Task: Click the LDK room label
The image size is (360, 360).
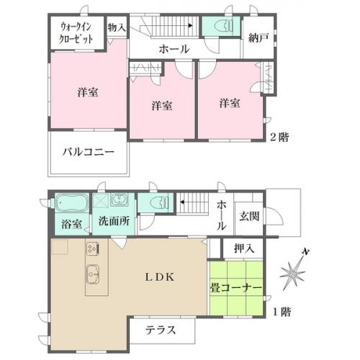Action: [160, 277]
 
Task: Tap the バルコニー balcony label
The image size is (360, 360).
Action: [89, 152]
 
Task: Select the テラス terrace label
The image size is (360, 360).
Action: [161, 330]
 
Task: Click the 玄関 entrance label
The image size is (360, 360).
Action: [249, 216]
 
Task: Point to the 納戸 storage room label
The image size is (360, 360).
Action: [258, 37]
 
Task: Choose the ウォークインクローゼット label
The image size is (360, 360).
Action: [76, 32]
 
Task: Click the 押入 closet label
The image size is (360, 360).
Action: [244, 248]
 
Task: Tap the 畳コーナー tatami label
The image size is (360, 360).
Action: [236, 288]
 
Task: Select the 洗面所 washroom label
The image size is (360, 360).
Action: [114, 221]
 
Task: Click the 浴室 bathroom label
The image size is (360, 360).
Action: [72, 224]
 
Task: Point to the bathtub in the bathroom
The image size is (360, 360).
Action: [71, 203]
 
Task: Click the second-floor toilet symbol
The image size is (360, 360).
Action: [224, 26]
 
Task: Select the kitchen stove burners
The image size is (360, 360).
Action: [93, 248]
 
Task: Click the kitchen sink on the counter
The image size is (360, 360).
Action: [93, 274]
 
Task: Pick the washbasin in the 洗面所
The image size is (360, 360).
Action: [118, 199]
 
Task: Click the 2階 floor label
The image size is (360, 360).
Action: [280, 137]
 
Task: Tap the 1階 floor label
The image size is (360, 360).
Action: [282, 312]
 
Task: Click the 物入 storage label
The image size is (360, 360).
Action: [117, 27]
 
